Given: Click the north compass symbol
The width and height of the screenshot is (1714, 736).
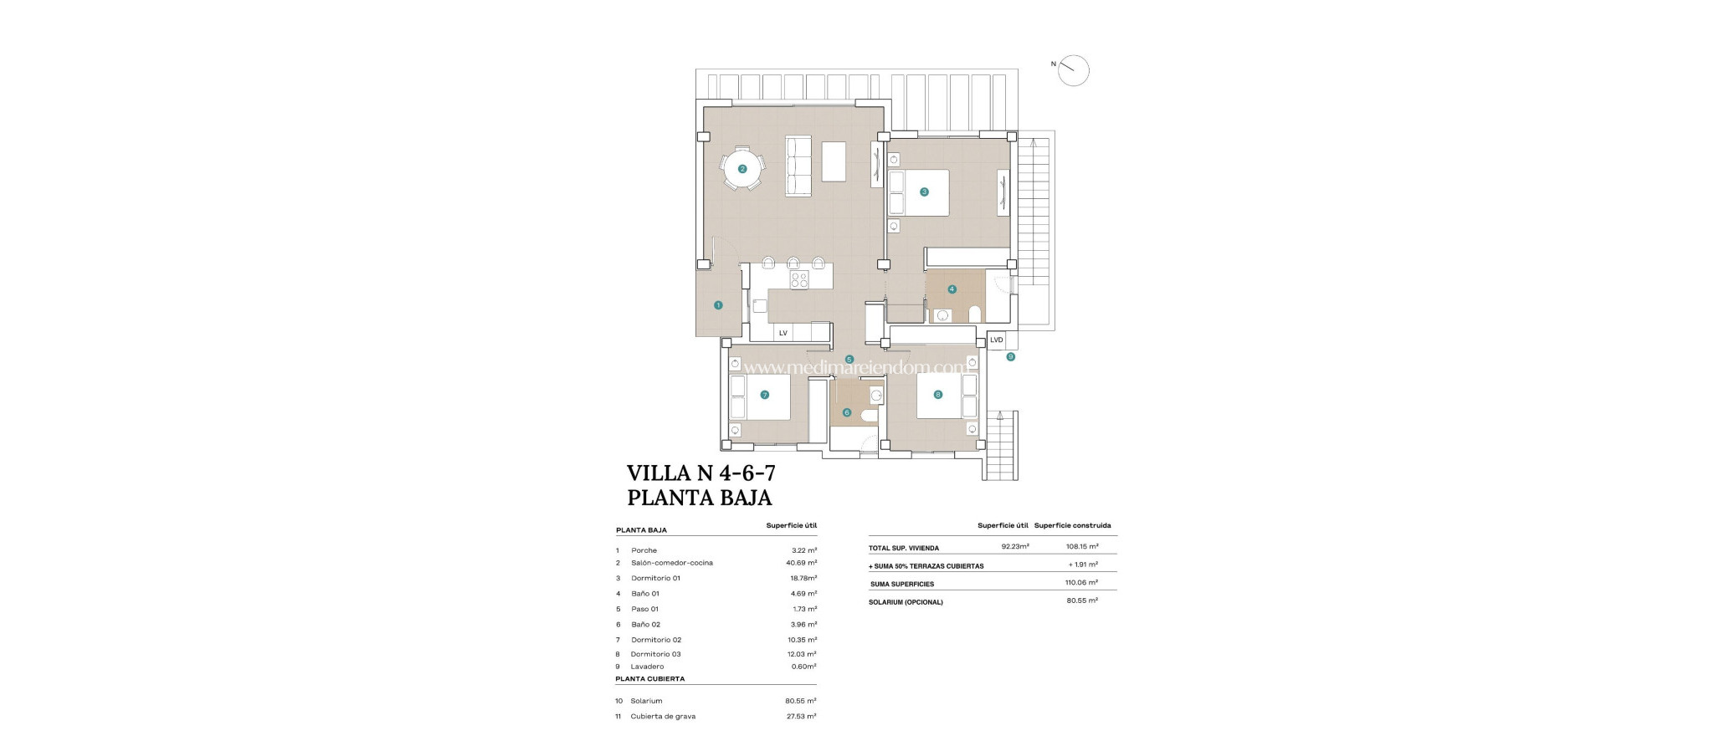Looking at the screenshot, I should (x=1073, y=70).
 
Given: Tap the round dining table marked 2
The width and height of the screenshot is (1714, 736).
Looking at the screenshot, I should (x=742, y=169).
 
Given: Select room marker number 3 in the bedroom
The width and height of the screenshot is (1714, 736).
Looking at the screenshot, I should (x=924, y=192).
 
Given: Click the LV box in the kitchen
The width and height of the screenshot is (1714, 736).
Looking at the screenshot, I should (x=783, y=333).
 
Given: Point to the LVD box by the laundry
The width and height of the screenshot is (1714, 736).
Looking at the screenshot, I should (x=996, y=340).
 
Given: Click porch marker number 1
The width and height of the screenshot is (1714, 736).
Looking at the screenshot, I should (x=718, y=305).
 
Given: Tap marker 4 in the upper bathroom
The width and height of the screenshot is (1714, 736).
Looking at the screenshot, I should (x=952, y=289).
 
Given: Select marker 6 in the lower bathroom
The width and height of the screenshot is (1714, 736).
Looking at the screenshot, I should (x=847, y=412).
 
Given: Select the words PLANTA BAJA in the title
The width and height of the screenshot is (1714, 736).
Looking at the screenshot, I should (x=699, y=498).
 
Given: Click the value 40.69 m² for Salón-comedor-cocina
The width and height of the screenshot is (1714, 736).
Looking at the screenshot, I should (x=803, y=563).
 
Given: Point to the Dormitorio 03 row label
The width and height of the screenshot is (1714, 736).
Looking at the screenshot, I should (x=655, y=654).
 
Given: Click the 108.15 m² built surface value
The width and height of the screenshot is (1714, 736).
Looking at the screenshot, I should (x=1082, y=548).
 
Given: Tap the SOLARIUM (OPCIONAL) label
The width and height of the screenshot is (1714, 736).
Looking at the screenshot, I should (x=906, y=602).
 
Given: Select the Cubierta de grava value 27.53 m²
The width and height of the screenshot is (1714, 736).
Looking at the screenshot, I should (x=803, y=716).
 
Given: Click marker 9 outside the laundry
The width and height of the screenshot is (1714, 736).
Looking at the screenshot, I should (x=1010, y=357).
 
